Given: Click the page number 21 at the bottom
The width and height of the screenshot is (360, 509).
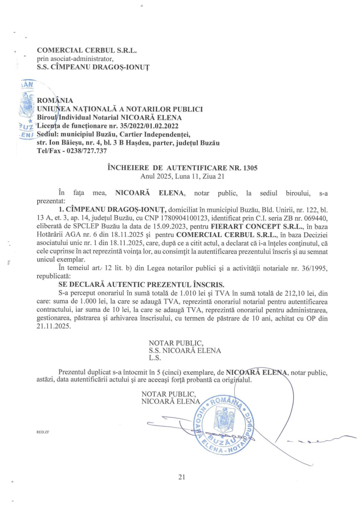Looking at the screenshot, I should pos(181,477).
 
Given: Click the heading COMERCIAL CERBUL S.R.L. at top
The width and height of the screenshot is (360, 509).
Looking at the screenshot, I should pos(87,50).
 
